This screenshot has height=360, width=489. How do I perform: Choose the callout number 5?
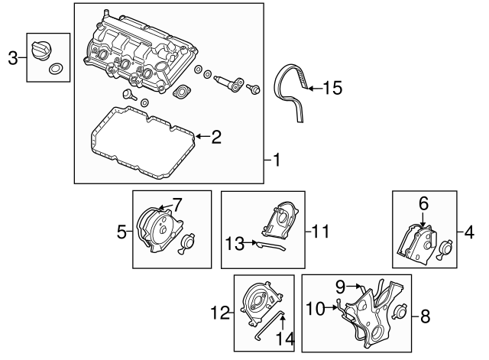click(x=121, y=229)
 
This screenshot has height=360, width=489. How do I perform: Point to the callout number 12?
click(x=220, y=311)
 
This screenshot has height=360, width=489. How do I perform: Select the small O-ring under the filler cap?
click(x=53, y=70)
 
